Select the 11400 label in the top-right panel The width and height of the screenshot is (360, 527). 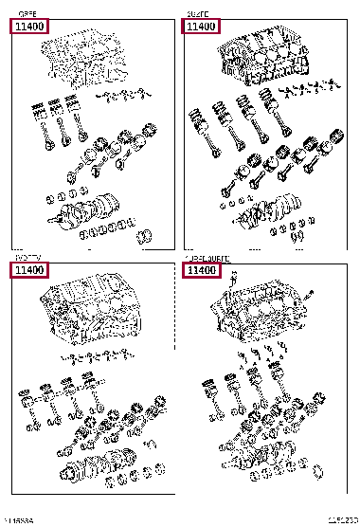200,27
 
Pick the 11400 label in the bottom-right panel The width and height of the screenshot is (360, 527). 200,271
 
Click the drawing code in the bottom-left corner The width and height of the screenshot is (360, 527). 19,520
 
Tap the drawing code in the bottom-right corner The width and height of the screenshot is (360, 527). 342,520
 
